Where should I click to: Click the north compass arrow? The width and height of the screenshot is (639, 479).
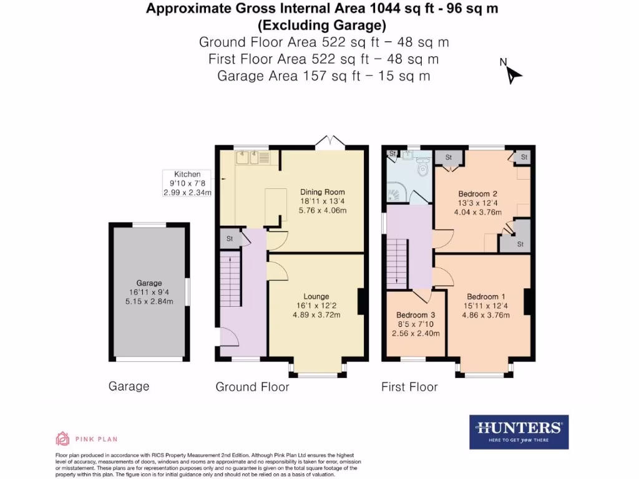tap(513, 74)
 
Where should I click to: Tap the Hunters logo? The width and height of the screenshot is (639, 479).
tap(519, 432)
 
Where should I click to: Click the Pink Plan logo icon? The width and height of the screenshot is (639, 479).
tap(62, 438)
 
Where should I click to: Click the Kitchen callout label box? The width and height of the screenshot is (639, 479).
tap(187, 183)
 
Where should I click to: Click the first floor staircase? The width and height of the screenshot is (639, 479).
tap(398, 263)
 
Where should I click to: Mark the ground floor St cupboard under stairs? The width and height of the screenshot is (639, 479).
tap(229, 238)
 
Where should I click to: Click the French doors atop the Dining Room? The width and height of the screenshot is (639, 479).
tap(330, 142)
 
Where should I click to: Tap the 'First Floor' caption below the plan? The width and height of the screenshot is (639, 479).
tap(409, 387)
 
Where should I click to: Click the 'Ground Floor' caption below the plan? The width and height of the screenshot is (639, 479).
tap(252, 387)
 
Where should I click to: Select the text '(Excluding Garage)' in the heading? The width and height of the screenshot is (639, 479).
tap(322, 26)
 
